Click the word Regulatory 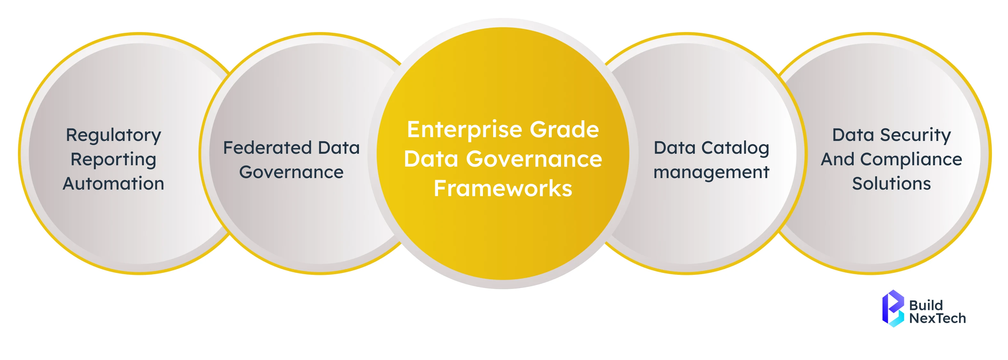pyautogui.click(x=113, y=135)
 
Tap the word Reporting pyautogui.click(x=113, y=160)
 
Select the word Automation pyautogui.click(x=113, y=184)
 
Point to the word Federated pyautogui.click(x=267, y=148)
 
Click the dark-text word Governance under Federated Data pyautogui.click(x=291, y=172)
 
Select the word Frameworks pyautogui.click(x=503, y=189)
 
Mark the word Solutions pyautogui.click(x=891, y=184)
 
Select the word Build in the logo pyautogui.click(x=926, y=305)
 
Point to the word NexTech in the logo pyautogui.click(x=937, y=318)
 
